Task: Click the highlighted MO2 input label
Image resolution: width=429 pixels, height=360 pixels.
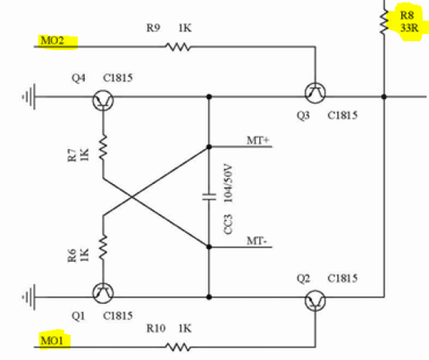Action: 52,40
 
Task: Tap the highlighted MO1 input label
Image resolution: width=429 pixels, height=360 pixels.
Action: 52,340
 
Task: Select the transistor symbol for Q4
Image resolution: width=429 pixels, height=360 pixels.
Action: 103,100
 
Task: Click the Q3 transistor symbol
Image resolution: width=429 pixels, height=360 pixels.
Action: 315,93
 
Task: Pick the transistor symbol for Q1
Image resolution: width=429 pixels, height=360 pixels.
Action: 103,293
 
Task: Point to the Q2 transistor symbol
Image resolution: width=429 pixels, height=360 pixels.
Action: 315,301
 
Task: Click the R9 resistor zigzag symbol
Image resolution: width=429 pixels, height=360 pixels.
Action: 178,46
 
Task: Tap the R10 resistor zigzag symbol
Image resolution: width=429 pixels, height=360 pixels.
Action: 178,347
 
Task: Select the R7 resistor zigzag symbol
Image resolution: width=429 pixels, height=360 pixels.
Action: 103,147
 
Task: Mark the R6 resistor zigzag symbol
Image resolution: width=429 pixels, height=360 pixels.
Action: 103,247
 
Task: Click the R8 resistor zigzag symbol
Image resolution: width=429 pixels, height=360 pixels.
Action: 384,21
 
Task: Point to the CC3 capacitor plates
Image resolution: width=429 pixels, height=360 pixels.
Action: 209,197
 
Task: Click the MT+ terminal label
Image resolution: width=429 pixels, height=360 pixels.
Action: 257,140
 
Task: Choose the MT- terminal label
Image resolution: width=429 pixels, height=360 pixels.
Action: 257,240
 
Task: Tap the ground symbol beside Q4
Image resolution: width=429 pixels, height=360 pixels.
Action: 29,96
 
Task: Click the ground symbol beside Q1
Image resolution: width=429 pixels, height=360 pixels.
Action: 29,297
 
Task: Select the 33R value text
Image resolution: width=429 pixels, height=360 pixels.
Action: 409,28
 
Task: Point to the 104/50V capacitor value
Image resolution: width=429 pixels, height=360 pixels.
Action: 228,183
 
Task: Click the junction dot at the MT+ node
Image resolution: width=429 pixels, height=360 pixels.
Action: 209,147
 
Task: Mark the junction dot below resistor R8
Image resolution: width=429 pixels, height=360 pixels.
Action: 384,96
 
